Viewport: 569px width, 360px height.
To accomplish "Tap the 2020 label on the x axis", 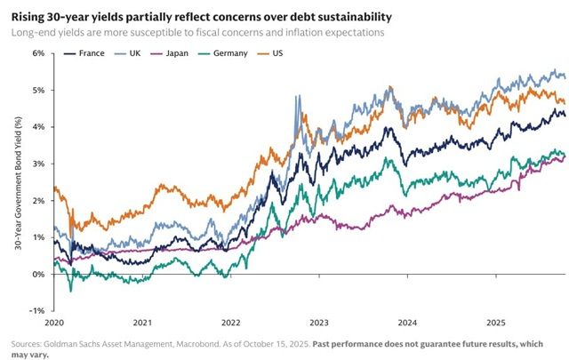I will coord(54,323).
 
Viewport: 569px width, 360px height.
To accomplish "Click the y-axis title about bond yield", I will coord(17,181).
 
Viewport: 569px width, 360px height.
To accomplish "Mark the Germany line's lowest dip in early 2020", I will coord(71,290).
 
